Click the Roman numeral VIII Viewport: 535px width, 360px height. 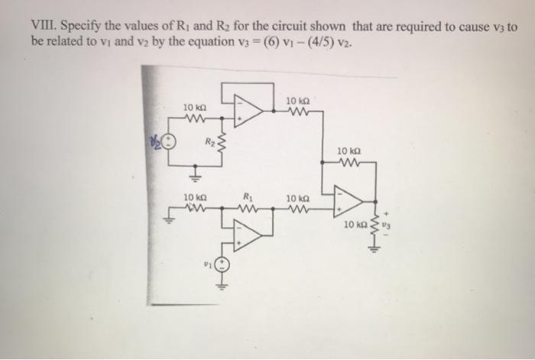point(42,26)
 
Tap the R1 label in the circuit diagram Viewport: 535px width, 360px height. point(247,196)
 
